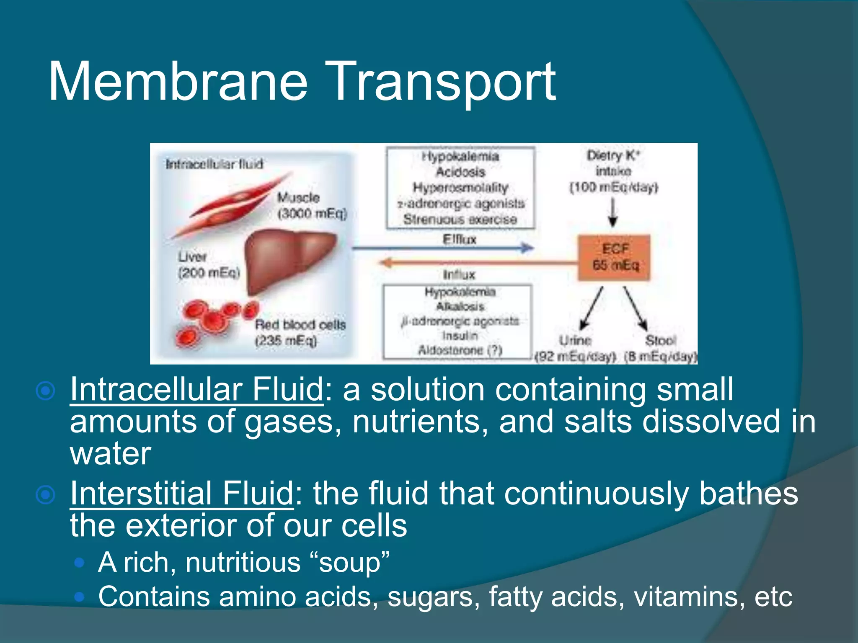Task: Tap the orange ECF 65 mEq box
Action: click(615, 257)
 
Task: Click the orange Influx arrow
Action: click(478, 263)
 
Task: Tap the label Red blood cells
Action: click(300, 324)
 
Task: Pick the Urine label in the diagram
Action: click(575, 340)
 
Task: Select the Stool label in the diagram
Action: click(660, 340)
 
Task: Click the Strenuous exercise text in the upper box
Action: click(460, 219)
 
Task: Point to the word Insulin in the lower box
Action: click(460, 335)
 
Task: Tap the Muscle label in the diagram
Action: click(298, 197)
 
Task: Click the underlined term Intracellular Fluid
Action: click(196, 389)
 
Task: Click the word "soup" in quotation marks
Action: click(349, 562)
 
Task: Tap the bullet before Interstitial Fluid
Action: click(46, 495)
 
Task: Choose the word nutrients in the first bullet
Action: click(420, 422)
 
